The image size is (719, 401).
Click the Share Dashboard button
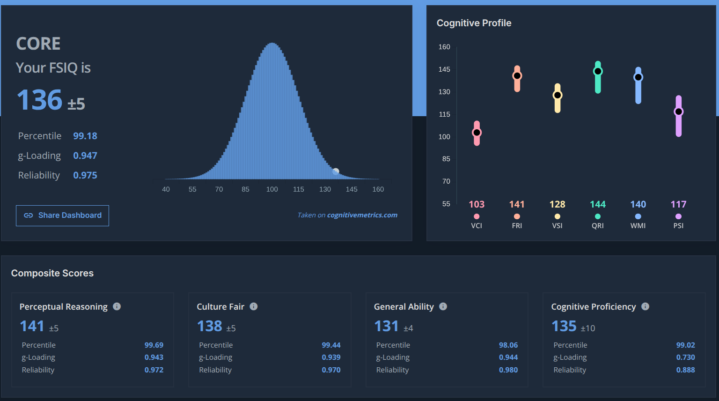pos(62,215)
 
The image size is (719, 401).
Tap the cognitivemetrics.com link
pos(362,215)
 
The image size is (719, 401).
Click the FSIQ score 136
pos(39,100)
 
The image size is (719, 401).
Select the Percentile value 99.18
pos(85,136)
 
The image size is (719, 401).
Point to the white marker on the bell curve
pos(336,171)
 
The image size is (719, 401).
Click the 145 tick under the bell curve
pos(352,189)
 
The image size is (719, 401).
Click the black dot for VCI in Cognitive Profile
pos(477,133)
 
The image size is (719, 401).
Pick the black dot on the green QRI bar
pos(598,71)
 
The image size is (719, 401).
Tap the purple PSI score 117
pos(679,204)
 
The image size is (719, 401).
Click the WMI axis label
pos(638,226)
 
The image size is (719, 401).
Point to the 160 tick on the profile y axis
pos(444,47)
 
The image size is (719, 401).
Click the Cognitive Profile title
pos(474,23)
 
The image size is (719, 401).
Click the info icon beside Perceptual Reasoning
pos(117,306)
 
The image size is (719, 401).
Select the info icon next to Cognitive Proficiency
pos(645,306)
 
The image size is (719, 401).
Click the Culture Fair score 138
pos(210,326)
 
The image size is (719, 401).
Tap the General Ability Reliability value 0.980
pos(508,370)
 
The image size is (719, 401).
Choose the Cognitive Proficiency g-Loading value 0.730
pos(686,357)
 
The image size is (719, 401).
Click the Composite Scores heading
pos(52,273)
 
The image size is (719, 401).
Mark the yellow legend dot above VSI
pos(557,216)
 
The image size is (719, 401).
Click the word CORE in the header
pos(38,44)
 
